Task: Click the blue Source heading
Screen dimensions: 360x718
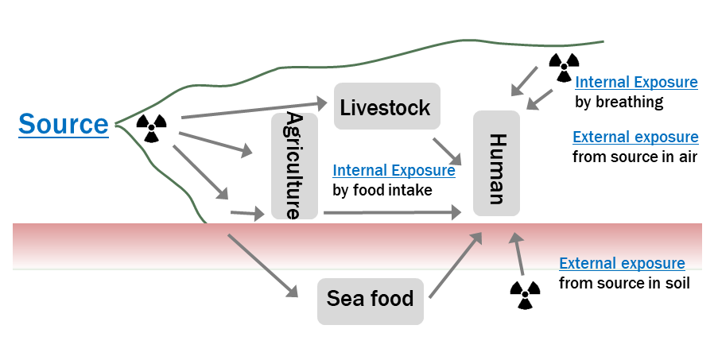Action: pyautogui.click(x=64, y=125)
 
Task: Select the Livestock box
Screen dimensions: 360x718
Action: pyautogui.click(x=386, y=107)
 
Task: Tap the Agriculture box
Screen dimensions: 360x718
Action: pyautogui.click(x=293, y=165)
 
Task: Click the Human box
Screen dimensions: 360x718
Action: pyautogui.click(x=496, y=163)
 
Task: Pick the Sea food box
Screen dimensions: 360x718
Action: pyautogui.click(x=371, y=300)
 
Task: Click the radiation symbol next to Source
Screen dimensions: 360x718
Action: pyautogui.click(x=152, y=126)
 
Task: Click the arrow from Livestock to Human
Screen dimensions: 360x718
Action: pyautogui.click(x=447, y=150)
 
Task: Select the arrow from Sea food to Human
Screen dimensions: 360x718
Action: pyautogui.click(x=455, y=265)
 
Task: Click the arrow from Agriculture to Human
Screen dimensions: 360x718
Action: pyautogui.click(x=391, y=213)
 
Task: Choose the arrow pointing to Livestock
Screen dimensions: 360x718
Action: pyautogui.click(x=254, y=110)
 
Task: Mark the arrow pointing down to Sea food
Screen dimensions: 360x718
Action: pyautogui.click(x=261, y=266)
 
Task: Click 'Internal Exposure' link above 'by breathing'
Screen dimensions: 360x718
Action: pyautogui.click(x=636, y=82)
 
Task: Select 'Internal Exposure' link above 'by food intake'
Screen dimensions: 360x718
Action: pyautogui.click(x=394, y=170)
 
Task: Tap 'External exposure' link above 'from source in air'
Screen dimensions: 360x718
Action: pyautogui.click(x=635, y=137)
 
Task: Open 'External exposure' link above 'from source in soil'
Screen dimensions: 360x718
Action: pyautogui.click(x=622, y=263)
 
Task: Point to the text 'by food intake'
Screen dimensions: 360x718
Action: pyautogui.click(x=382, y=190)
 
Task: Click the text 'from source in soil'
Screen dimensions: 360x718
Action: pyautogui.click(x=624, y=282)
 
